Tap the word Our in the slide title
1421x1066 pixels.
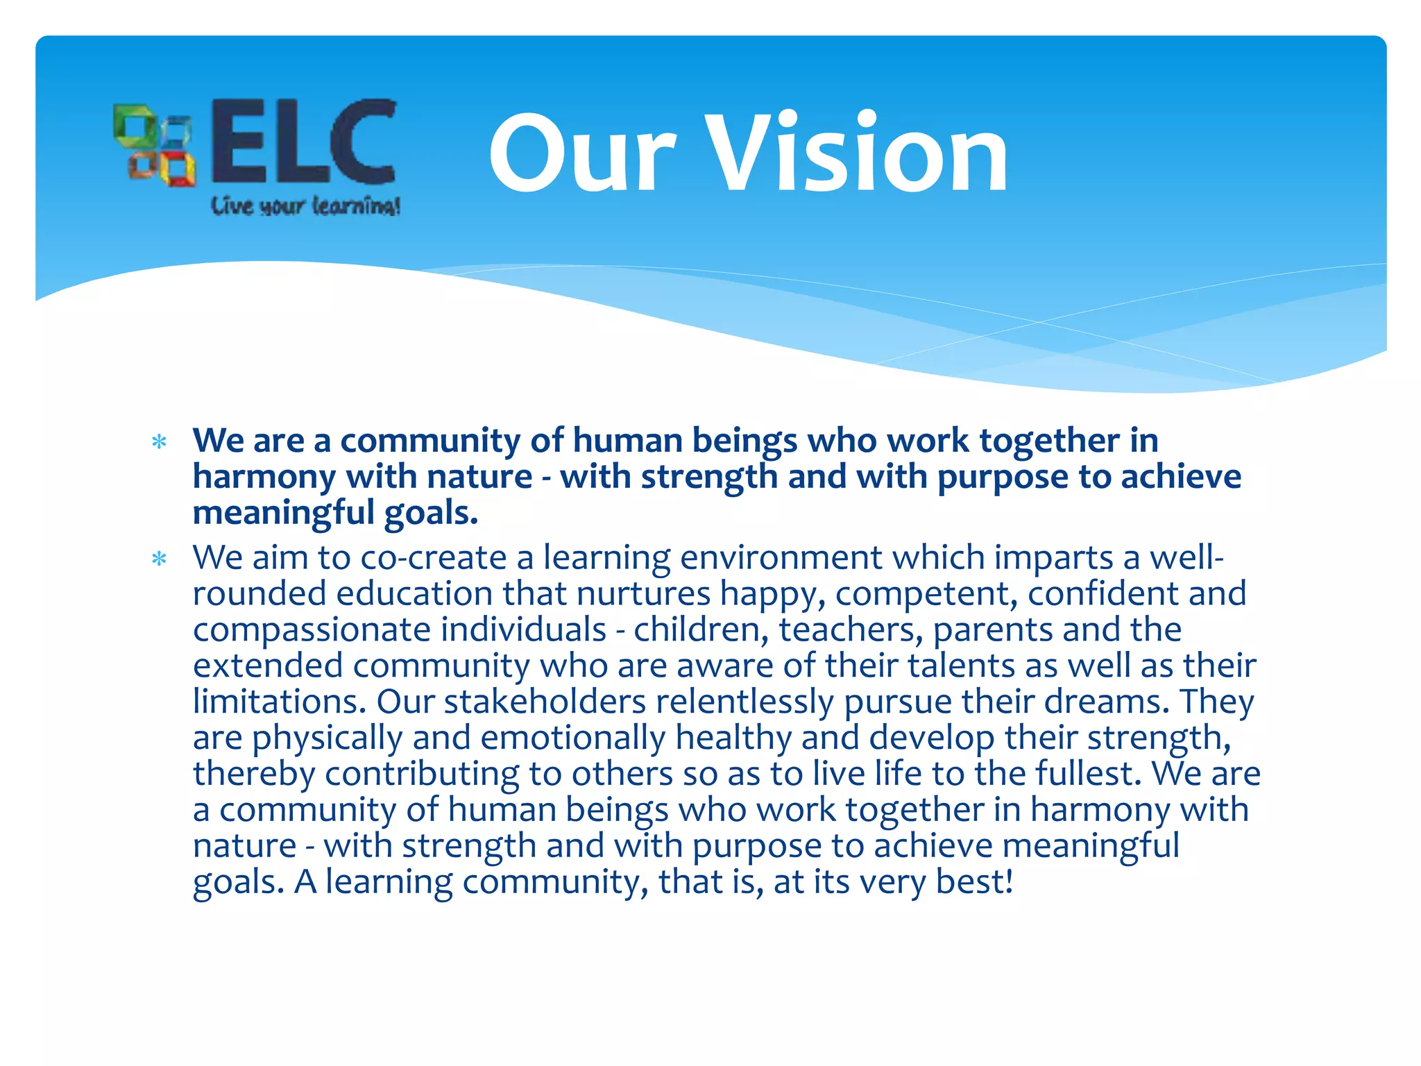point(581,154)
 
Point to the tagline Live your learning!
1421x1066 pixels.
point(305,206)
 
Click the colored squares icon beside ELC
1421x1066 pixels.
point(154,145)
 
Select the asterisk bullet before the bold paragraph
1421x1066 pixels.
point(160,442)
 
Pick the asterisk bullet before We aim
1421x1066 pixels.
point(160,559)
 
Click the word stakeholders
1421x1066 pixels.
point(545,702)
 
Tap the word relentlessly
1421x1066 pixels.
point(744,702)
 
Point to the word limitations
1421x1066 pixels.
point(279,702)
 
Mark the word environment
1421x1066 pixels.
point(781,557)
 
